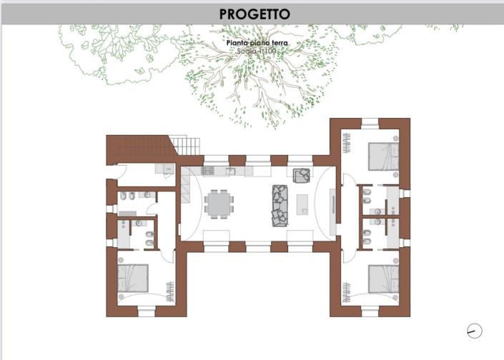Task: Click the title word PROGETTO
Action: pyautogui.click(x=254, y=14)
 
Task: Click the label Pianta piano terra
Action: pyautogui.click(x=257, y=43)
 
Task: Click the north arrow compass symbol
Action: pyautogui.click(x=473, y=331)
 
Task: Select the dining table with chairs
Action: pyautogui.click(x=219, y=205)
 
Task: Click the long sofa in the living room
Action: pyautogui.click(x=280, y=206)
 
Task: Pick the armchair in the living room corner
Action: pyautogui.click(x=302, y=174)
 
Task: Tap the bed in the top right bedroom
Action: pyautogui.click(x=383, y=156)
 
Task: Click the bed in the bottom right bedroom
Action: pyautogui.click(x=383, y=279)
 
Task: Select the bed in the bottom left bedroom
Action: pyautogui.click(x=134, y=277)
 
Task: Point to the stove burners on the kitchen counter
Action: pyautogui.click(x=209, y=171)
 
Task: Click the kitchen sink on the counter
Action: pyautogui.click(x=231, y=171)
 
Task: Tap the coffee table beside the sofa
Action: pyautogui.click(x=303, y=205)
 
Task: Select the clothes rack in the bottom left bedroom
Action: pyautogui.click(x=170, y=291)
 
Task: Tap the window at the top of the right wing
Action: pyautogui.click(x=369, y=124)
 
